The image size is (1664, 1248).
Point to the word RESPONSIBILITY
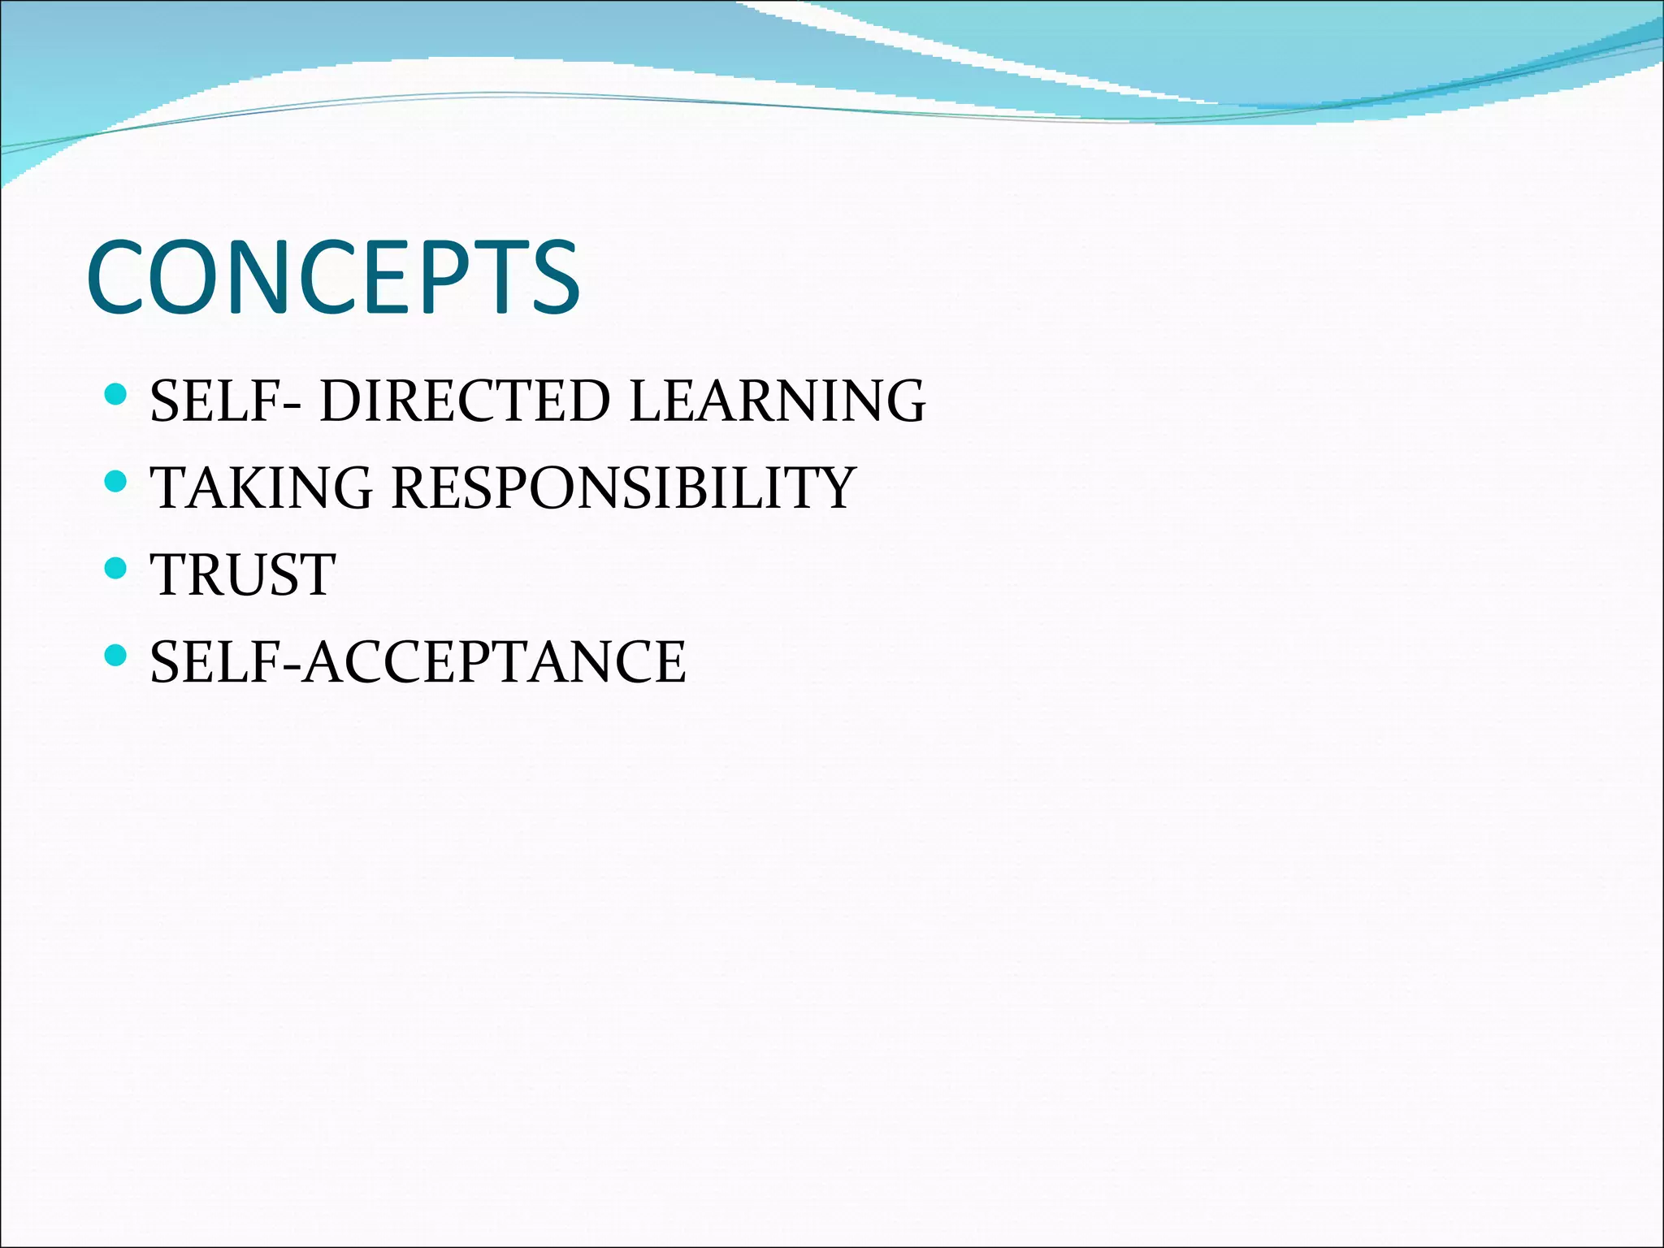623,487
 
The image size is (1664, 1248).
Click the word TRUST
243,574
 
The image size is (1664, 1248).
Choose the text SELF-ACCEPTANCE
418,661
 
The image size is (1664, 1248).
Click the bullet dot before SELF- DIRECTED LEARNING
116,396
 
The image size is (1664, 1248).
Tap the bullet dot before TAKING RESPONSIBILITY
116,482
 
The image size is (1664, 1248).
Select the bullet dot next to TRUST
116,569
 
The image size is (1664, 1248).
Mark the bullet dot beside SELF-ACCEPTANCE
116,655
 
